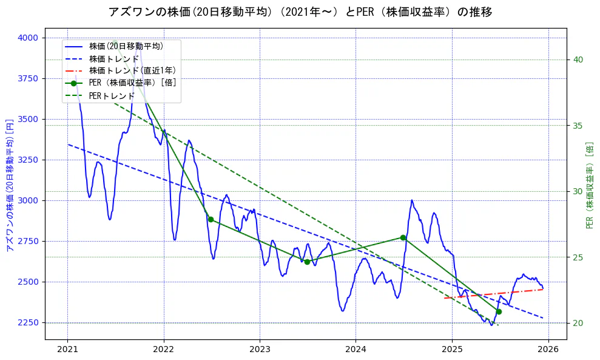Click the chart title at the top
[x=300, y=12]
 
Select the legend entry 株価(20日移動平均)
[x=126, y=46]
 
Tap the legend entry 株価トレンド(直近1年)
[x=132, y=70]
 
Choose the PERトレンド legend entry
[x=112, y=96]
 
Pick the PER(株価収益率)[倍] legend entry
[x=133, y=83]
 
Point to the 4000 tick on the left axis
[x=28, y=38]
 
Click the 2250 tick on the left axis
[x=28, y=322]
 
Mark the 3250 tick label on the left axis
[x=28, y=160]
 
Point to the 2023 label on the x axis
[x=260, y=350]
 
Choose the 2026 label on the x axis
[x=548, y=350]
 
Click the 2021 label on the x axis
[x=67, y=350]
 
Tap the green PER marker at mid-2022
[x=211, y=219]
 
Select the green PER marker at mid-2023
[x=307, y=262]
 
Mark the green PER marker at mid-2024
[x=403, y=237]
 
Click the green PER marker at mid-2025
[x=499, y=311]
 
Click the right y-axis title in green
[x=590, y=185]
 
